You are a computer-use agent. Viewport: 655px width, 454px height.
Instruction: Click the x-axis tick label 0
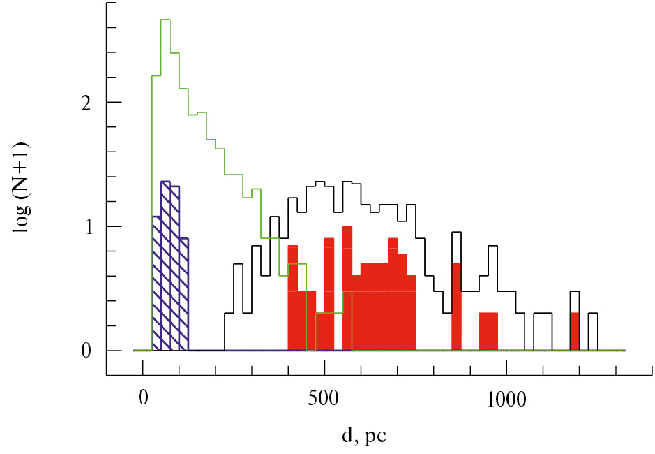click(x=143, y=397)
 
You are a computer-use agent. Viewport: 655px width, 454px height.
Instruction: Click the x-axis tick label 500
click(x=324, y=397)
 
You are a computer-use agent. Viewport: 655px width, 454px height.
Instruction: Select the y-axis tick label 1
click(x=89, y=227)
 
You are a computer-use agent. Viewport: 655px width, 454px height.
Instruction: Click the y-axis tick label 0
click(x=86, y=351)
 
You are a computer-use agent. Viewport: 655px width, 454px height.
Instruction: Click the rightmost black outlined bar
click(x=593, y=332)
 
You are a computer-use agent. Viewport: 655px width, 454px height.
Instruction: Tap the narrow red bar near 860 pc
click(x=456, y=307)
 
